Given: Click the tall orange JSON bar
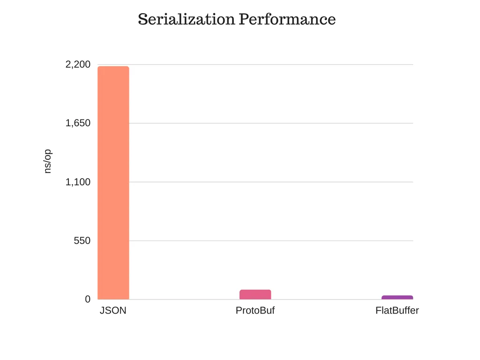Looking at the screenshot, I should click(113, 183).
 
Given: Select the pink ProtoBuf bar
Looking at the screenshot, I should click(255, 294).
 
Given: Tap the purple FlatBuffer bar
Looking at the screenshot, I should click(397, 297).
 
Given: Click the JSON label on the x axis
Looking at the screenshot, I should click(113, 311).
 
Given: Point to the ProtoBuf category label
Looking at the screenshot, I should click(255, 311).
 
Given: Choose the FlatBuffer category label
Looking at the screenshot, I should click(397, 311).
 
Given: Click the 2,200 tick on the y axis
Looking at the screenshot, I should click(78, 65).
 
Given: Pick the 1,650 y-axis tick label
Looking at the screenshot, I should click(78, 123).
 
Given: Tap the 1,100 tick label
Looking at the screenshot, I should click(78, 182).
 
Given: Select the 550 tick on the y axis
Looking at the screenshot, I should click(82, 240).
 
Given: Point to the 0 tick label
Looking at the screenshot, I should click(88, 299).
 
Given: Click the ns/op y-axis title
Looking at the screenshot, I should click(47, 162).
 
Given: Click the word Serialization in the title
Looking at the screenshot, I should click(186, 19).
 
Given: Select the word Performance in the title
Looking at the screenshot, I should click(287, 19).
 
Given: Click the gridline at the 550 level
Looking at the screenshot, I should click(272, 240).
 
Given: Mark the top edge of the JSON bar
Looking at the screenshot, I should click(113, 67).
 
